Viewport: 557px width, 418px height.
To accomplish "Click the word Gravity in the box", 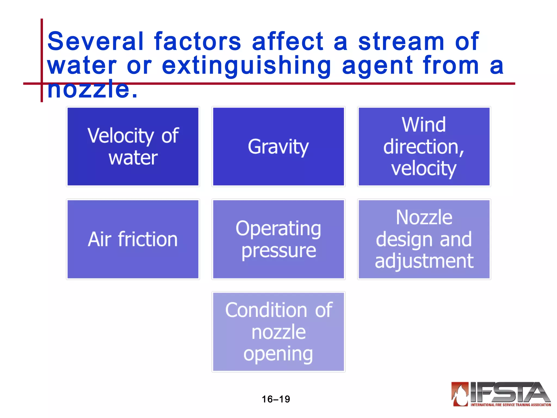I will pos(278,147).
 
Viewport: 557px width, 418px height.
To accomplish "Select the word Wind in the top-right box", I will pos(424,125).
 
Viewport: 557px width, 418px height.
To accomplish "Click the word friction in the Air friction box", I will pos(148,239).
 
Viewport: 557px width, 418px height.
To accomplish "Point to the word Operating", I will pos(278,228).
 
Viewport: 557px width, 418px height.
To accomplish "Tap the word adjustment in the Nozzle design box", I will pos(424,261).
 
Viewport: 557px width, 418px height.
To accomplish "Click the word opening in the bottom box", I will pos(278,354).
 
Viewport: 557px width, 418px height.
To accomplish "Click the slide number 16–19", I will pos(276,399).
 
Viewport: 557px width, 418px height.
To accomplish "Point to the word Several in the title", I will pos(95,41).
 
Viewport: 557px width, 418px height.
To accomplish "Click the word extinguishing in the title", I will pos(246,65).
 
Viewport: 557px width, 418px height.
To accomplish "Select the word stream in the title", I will pos(401,41).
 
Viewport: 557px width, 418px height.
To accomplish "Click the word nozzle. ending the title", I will pos(92,89).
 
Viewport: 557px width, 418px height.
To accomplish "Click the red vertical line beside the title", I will pos(42,54).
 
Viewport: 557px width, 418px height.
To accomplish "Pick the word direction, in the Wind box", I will pos(424,147).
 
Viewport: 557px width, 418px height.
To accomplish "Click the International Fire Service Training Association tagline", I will pos(511,405).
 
